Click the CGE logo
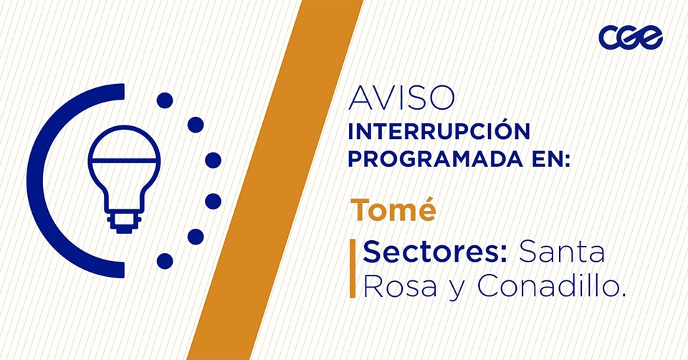[x=631, y=37]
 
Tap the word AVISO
[x=401, y=98]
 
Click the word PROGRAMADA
[x=435, y=159]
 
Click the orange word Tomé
[x=393, y=210]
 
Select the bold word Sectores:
[x=435, y=252]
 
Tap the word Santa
[x=562, y=252]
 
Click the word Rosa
[x=400, y=286]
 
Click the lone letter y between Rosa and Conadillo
[x=457, y=290]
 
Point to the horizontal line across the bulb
[x=124, y=160]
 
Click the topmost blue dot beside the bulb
[x=165, y=100]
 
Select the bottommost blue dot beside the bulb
[x=165, y=261]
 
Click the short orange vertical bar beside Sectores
[x=353, y=269]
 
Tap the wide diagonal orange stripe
[x=275, y=180]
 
